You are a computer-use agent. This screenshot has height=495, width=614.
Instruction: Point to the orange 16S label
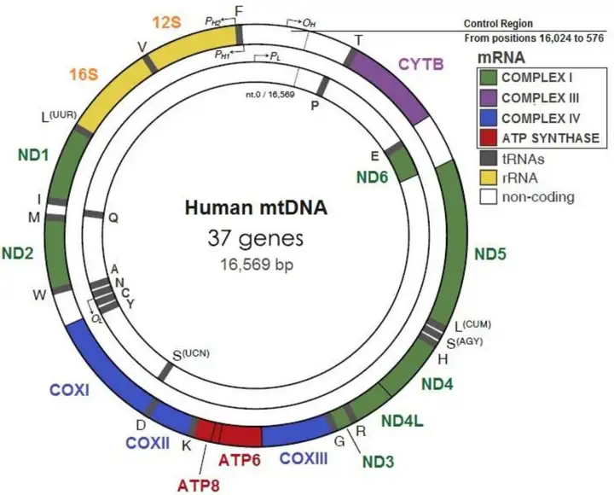tap(86, 74)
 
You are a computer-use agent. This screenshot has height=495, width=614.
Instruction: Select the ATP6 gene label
tap(240, 462)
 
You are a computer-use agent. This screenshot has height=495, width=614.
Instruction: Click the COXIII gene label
tap(304, 458)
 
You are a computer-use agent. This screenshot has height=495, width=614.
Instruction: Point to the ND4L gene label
tap(402, 421)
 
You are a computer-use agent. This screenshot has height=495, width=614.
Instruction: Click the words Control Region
tap(528, 23)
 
